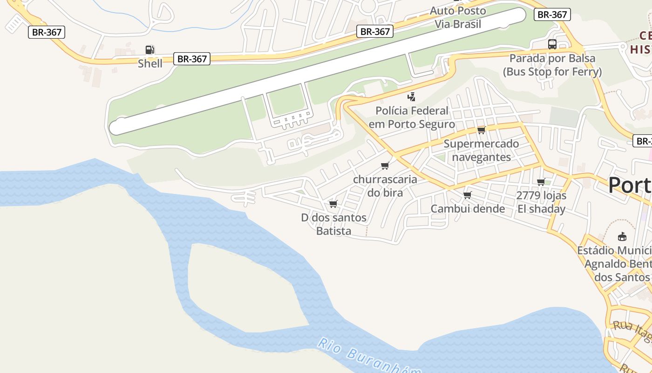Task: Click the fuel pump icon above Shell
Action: [149, 50]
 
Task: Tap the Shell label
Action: [150, 63]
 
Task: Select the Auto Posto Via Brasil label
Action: [458, 17]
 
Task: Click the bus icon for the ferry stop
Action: [552, 44]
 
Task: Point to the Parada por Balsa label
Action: [552, 65]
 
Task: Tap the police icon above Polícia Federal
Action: [411, 97]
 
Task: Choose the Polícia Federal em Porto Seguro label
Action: [412, 117]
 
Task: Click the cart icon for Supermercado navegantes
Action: [481, 130]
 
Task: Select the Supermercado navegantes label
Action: [481, 150]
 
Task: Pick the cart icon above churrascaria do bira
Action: [385, 166]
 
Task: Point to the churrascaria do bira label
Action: [385, 186]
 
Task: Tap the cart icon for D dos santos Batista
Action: [333, 204]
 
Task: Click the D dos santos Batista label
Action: [333, 224]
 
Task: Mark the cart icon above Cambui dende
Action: [468, 195]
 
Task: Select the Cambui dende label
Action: [468, 208]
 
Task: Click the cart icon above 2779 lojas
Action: [541, 182]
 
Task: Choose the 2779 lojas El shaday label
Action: [541, 202]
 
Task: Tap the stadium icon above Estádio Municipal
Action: [622, 237]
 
